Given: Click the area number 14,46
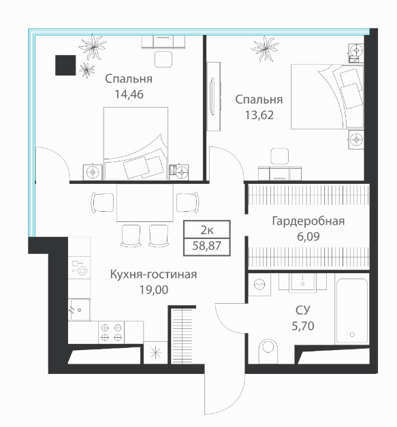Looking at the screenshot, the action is pos(129,95).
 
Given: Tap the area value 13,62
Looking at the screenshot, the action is pos(259,115).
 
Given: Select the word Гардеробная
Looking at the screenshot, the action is pos(308,221).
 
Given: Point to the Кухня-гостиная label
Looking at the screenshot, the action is pos(154,274).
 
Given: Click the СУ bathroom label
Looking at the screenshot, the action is pos(303,310).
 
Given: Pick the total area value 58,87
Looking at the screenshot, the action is pos(206,246).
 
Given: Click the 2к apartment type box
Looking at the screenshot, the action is pos(207,230).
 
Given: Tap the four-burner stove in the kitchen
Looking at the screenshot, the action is pos(111,332).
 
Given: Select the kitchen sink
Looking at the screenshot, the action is pos(79,310).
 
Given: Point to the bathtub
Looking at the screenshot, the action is pos(352,311).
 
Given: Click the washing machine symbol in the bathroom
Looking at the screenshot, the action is pos(259,285).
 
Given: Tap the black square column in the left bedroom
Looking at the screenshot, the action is pos(65,65).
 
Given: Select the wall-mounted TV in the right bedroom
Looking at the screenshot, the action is pos(213,97).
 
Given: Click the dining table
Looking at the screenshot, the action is pos(145,203).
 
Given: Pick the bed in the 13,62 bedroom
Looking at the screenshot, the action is pos(328,97).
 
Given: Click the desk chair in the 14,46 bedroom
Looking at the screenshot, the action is pos(163,59).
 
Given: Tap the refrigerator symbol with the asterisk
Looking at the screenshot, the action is pos(155,353).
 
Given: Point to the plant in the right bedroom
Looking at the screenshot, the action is pos(265,48).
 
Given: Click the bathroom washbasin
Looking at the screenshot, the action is pos(302,283).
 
